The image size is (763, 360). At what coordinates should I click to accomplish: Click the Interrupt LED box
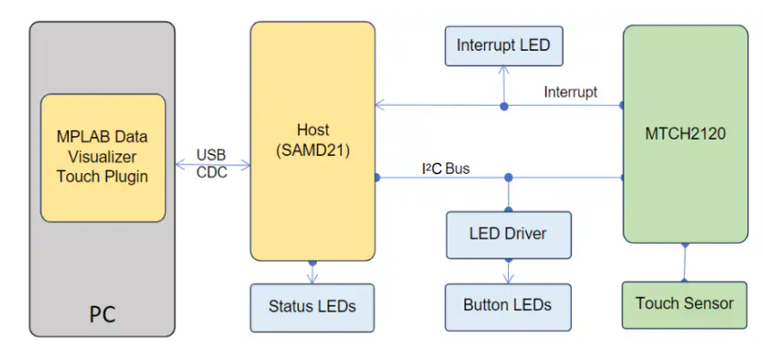point(504,45)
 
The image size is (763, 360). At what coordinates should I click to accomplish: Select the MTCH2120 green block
point(685,134)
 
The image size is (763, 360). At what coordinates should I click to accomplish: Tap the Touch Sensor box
point(685,303)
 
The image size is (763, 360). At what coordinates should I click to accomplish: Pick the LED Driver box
point(508,234)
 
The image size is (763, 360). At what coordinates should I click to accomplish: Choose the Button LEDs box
point(507,305)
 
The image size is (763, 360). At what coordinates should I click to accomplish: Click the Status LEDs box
point(312,307)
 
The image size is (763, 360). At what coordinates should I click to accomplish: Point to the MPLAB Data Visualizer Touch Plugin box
point(102,158)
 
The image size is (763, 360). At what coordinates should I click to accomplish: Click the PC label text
point(102,315)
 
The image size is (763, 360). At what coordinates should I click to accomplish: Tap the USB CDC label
point(211,164)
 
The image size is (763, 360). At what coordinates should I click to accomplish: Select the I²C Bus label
point(445,168)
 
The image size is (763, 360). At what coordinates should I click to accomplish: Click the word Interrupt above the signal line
point(570,92)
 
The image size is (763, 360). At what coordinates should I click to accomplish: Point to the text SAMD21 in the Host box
point(313,149)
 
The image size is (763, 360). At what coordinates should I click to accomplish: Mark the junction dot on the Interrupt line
point(504,106)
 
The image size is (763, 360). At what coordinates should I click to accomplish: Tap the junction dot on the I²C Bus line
point(508,177)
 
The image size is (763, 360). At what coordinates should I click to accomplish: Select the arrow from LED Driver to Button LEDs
point(508,270)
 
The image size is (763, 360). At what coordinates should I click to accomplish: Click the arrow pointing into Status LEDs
point(313,274)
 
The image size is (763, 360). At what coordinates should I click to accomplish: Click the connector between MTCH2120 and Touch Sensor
point(685,262)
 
